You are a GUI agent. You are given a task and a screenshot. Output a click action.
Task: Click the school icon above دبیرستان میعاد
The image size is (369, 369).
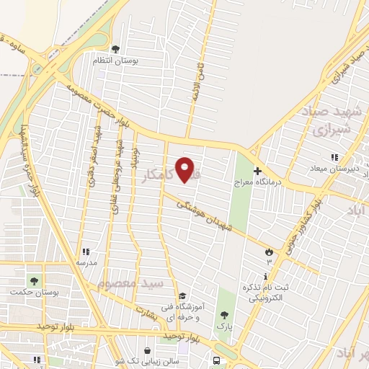coord(333,157)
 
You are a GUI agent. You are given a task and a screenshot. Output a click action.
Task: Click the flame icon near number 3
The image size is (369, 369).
coord(270,252)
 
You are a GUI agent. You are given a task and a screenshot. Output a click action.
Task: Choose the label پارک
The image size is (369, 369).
coord(226,325)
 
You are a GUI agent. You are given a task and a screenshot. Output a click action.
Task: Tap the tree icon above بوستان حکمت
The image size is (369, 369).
coord(32,280)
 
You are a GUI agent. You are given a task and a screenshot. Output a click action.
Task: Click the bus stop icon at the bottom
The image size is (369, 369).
coord(215,360)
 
